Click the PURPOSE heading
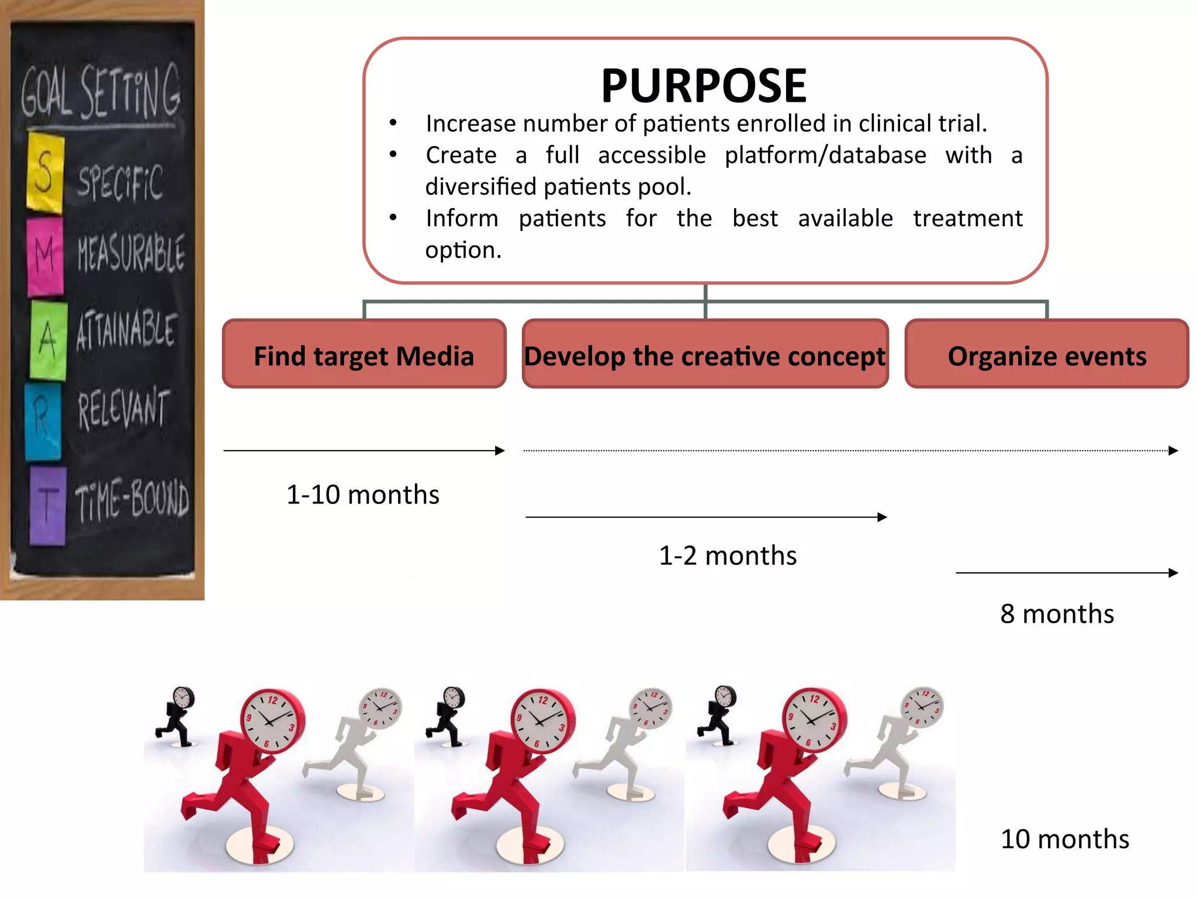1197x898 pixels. tap(704, 86)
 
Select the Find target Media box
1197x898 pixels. tap(364, 355)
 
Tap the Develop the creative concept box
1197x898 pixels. tap(705, 355)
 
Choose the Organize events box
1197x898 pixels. tap(1047, 355)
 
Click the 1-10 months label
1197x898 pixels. tap(362, 495)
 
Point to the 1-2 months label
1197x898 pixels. tap(728, 555)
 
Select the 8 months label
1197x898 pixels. tap(1057, 614)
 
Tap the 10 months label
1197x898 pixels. tap(1064, 839)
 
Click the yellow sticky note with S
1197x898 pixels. tap(45, 172)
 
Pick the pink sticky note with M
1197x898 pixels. tap(45, 256)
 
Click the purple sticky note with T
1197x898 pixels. tap(47, 506)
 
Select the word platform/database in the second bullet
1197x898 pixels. tap(825, 156)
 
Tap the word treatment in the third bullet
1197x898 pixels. tap(967, 219)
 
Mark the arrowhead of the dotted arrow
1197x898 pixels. tap(1173, 451)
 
